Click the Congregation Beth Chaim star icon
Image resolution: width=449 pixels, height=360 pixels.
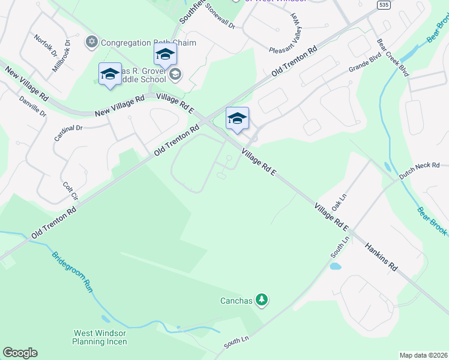click(x=92, y=42)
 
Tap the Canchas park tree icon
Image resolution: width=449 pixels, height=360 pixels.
click(x=261, y=299)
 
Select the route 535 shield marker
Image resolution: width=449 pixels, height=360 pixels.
click(x=384, y=4)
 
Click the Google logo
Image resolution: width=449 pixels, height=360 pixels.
click(x=20, y=353)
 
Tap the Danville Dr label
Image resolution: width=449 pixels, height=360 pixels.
click(x=32, y=106)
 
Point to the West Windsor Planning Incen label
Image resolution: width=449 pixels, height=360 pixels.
click(x=100, y=337)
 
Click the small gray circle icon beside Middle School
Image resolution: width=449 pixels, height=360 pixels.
click(x=175, y=75)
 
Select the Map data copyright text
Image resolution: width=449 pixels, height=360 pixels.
click(x=423, y=355)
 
